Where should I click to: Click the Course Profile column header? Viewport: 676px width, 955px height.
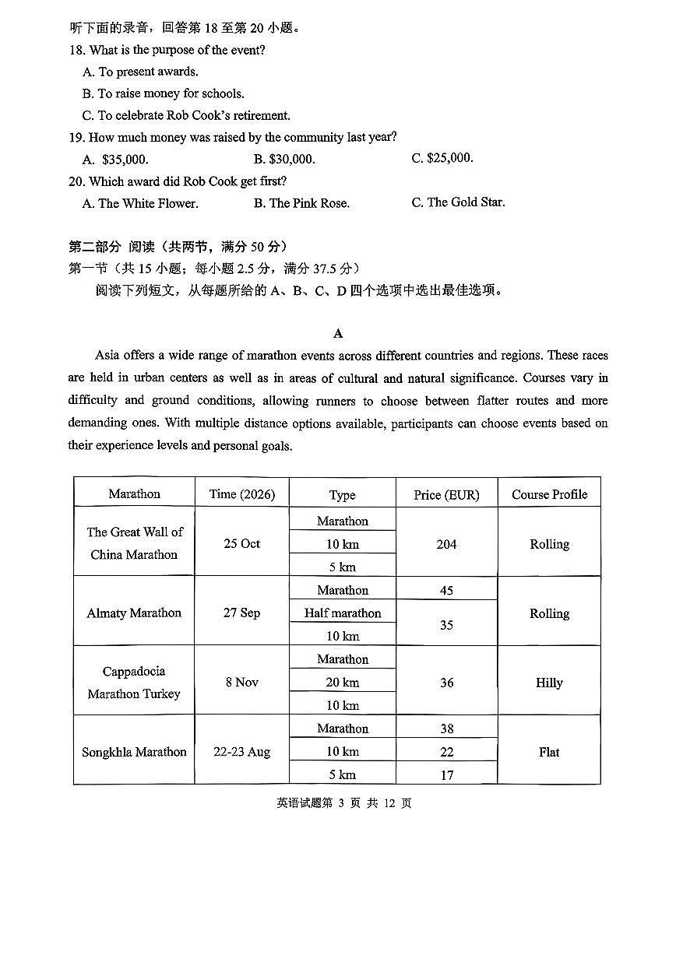[x=549, y=494]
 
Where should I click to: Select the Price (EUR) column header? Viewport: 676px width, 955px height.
[x=446, y=494]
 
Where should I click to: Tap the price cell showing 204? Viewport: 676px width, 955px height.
[x=446, y=544]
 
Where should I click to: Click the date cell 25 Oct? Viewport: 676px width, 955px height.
[x=241, y=543]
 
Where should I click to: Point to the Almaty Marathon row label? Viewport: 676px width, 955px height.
[x=134, y=613]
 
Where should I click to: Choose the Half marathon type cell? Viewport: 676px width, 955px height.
[x=343, y=613]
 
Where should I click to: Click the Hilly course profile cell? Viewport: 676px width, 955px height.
[x=549, y=683]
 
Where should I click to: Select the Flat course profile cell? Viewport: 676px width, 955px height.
[x=549, y=752]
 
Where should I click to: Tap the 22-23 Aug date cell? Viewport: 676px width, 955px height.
[x=241, y=752]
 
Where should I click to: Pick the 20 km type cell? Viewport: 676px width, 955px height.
[x=343, y=683]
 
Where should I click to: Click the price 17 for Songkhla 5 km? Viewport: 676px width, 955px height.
[x=446, y=774]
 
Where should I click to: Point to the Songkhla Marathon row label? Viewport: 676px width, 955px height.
[x=134, y=752]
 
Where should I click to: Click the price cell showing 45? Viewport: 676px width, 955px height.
[x=446, y=590]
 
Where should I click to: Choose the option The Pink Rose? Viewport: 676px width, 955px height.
[x=301, y=203]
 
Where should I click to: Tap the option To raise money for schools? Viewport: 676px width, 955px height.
[x=163, y=93]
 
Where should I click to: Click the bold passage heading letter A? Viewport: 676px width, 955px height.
[x=338, y=333]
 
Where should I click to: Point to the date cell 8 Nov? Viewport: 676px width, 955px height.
[x=241, y=682]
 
